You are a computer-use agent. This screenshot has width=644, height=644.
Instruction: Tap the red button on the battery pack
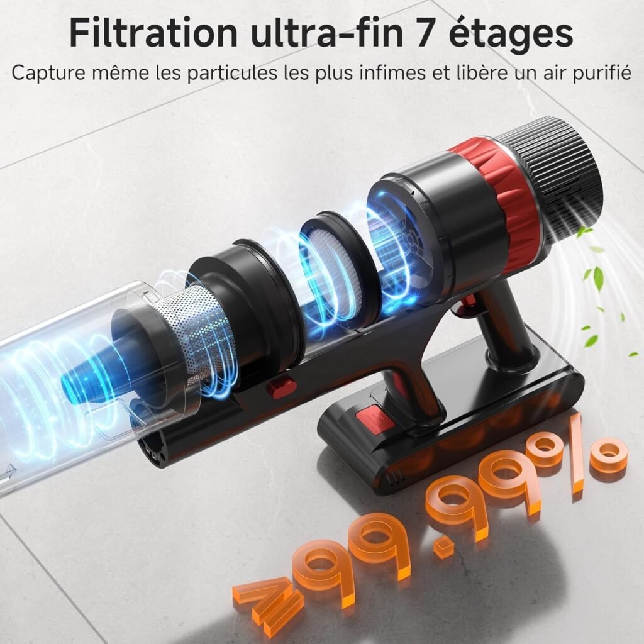(x=367, y=417)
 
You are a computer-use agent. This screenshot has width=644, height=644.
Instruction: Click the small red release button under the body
(x=280, y=386)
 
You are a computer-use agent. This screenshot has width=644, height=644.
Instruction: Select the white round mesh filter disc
(x=338, y=264)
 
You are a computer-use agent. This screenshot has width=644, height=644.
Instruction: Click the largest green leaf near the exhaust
(x=597, y=277)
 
